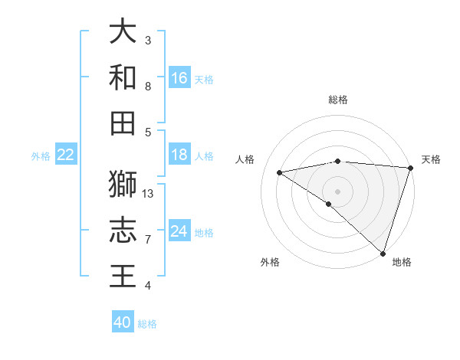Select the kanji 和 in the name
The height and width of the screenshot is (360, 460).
pyautogui.click(x=123, y=77)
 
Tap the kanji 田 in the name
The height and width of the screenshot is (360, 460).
pyautogui.click(x=123, y=123)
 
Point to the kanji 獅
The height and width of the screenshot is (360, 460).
pyautogui.click(x=123, y=185)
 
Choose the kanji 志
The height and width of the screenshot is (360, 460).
pyautogui.click(x=123, y=231)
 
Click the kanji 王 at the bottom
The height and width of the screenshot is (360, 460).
pyautogui.click(x=123, y=277)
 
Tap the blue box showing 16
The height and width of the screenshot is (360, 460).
pyautogui.click(x=179, y=78)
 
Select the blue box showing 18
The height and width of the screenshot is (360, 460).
pyautogui.click(x=179, y=155)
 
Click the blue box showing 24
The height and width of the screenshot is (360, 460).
pyautogui.click(x=179, y=231)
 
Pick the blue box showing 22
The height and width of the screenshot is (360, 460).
pyautogui.click(x=66, y=155)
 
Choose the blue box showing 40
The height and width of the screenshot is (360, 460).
pyautogui.click(x=123, y=322)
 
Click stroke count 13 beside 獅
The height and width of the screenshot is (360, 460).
pyautogui.click(x=148, y=194)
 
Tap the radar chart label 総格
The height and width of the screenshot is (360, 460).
pyautogui.click(x=338, y=100)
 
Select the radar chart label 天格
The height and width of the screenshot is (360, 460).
pyautogui.click(x=432, y=159)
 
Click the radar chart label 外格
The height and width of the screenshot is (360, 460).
pyautogui.click(x=270, y=262)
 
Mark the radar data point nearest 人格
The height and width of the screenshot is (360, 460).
pyautogui.click(x=280, y=172)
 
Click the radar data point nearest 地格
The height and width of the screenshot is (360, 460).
pyautogui.click(x=383, y=253)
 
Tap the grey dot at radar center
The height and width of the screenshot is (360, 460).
pyautogui.click(x=337, y=190)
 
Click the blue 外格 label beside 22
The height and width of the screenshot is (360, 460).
pyautogui.click(x=41, y=155)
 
